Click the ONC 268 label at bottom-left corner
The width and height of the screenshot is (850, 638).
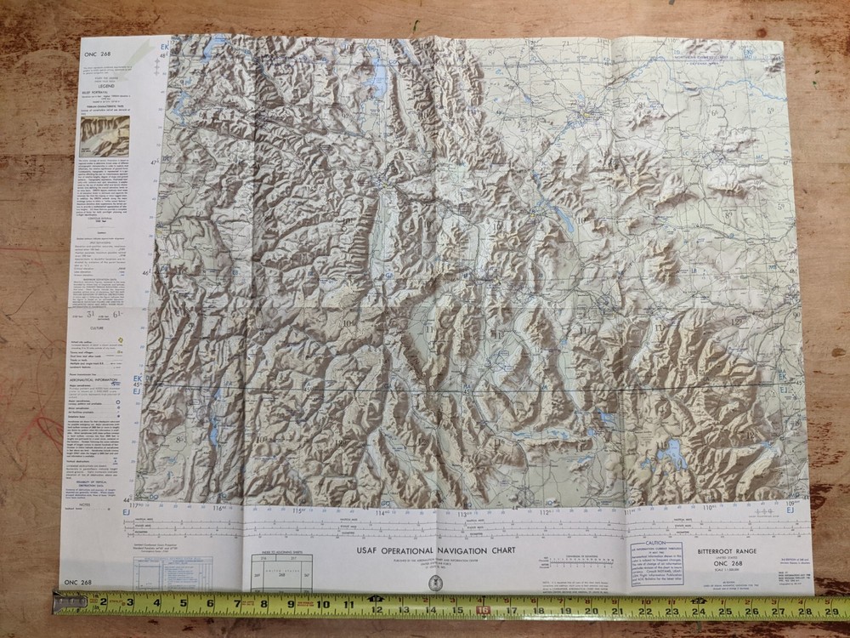click(77, 582)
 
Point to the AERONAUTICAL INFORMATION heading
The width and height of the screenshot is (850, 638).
click(100, 356)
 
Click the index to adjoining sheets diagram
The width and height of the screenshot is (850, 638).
click(281, 572)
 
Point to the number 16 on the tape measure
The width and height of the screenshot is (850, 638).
click(484, 609)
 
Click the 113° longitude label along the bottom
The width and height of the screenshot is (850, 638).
click(463, 513)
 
